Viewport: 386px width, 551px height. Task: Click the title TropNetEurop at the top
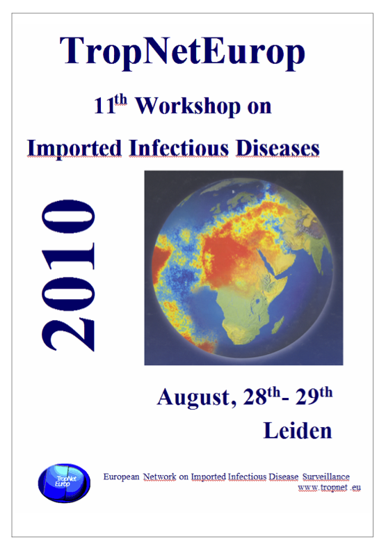pos(182,53)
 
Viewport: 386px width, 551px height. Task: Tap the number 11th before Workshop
pos(111,105)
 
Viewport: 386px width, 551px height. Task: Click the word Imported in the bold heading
pos(74,148)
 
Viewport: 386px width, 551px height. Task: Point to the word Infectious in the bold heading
pos(179,148)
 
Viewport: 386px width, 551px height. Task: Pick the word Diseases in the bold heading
pos(278,148)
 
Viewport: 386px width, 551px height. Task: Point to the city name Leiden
pos(298,431)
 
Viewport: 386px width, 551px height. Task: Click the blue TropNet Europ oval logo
pos(64,483)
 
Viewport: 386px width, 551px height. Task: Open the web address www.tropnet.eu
pos(330,488)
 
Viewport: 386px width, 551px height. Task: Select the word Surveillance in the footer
pos(326,477)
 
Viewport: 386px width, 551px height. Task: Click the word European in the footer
pos(121,477)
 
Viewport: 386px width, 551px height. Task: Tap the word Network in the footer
pos(159,477)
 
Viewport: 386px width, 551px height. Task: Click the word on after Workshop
pos(259,107)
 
